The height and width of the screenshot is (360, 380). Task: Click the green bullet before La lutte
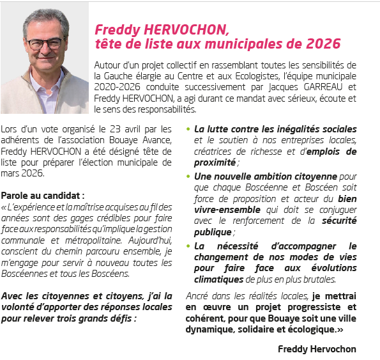[188, 129]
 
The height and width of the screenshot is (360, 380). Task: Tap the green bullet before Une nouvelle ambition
[188, 175]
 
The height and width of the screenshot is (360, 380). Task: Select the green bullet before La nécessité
[188, 245]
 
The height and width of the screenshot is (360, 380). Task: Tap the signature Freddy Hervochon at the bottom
[317, 349]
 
